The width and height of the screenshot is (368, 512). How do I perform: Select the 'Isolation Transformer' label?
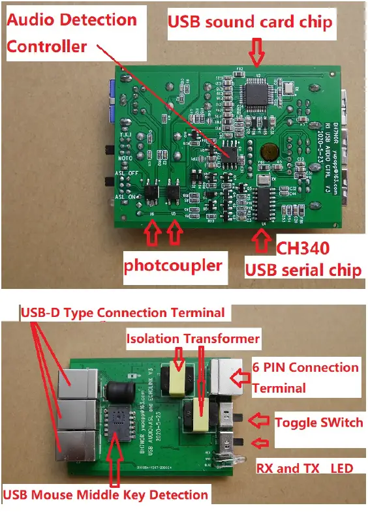tap(192, 339)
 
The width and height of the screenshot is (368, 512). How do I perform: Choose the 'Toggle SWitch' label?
tap(318, 422)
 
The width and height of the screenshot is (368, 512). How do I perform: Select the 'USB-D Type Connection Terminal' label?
tap(123, 312)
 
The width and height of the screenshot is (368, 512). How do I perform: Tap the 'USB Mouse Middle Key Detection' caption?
tap(106, 494)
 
